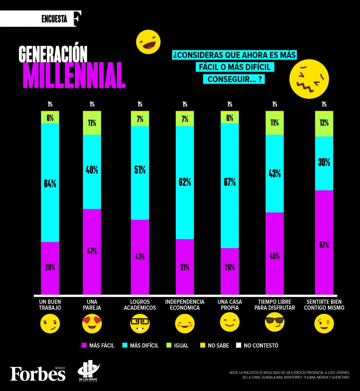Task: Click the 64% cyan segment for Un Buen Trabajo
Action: tap(50, 183)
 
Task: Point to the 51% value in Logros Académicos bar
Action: tap(140, 170)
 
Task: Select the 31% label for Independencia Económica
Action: tap(185, 267)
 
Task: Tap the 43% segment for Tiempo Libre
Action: tap(274, 173)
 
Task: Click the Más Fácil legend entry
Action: tap(98, 346)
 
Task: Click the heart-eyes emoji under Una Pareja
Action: tap(92, 324)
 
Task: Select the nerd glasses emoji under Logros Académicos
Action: tap(140, 324)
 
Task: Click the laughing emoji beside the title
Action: tap(148, 42)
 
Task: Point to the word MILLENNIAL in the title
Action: tap(74, 75)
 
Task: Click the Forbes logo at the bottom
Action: tap(38, 373)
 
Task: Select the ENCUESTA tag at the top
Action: tap(54, 19)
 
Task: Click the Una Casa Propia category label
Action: tap(230, 304)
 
